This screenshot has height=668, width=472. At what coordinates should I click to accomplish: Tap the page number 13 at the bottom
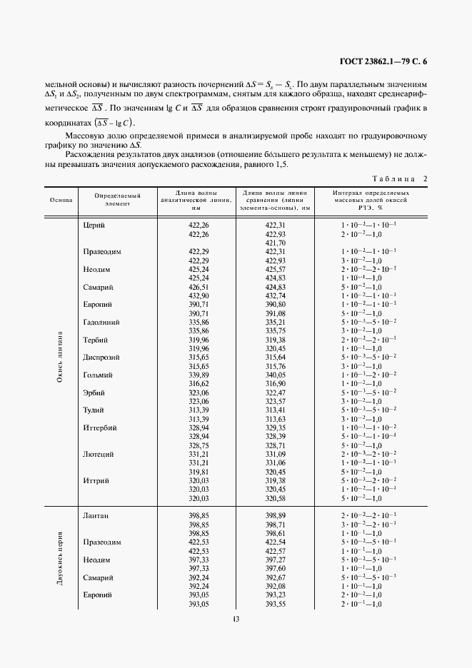[236, 619]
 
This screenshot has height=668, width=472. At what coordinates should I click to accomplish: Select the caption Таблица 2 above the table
[400, 178]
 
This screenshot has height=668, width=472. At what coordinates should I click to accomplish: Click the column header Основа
[61, 200]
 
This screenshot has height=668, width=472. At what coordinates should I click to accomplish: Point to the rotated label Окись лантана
[61, 357]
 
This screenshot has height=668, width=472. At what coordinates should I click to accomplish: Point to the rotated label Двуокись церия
[61, 559]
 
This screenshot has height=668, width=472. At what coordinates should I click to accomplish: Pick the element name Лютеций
[98, 454]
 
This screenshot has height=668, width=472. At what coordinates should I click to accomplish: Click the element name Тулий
[94, 410]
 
